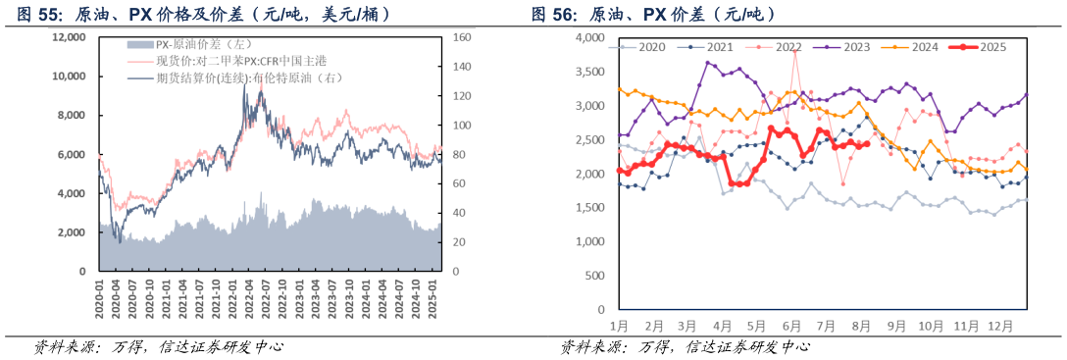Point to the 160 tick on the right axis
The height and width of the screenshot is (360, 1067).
pyautogui.click(x=464, y=36)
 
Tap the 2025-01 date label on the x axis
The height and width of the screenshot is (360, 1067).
pyautogui.click(x=432, y=294)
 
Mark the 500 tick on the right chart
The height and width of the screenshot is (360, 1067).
pyautogui.click(x=594, y=276)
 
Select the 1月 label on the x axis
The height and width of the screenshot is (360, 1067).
pyautogui.click(x=618, y=325)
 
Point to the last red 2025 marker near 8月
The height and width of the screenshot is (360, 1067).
pyautogui.click(x=866, y=143)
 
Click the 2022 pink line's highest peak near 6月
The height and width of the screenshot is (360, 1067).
pyautogui.click(x=795, y=50)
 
